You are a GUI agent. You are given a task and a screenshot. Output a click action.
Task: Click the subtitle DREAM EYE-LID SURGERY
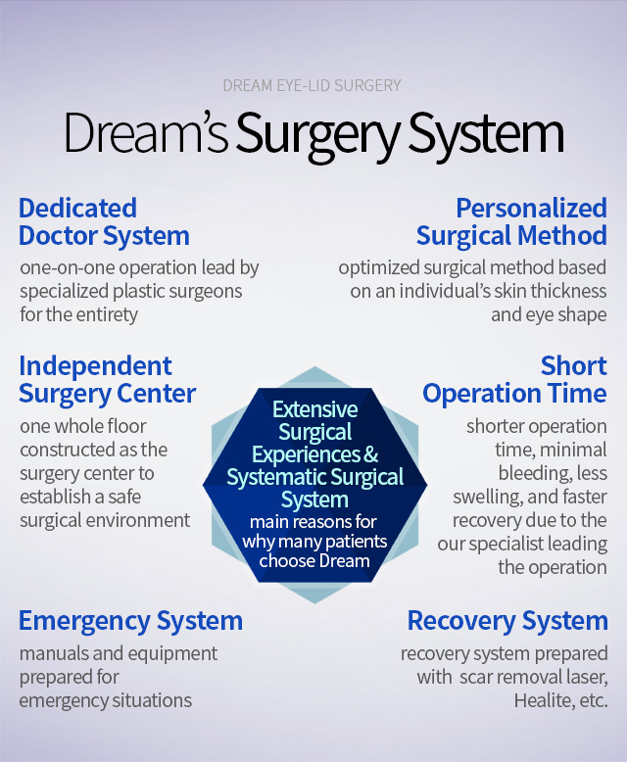coord(313,85)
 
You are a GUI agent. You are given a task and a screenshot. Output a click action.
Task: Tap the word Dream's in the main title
coord(146,132)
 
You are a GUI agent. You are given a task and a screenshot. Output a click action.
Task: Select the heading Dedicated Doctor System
coord(104,222)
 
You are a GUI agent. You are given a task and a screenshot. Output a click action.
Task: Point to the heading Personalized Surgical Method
coord(511,222)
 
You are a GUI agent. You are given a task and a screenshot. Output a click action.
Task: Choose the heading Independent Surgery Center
coord(107,380)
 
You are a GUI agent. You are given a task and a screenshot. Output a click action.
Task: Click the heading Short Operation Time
coord(514,380)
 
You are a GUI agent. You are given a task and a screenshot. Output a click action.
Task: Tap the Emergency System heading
coord(130,622)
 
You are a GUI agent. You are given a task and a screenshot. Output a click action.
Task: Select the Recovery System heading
coord(507,622)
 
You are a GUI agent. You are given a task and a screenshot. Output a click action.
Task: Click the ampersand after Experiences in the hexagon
coord(370,454)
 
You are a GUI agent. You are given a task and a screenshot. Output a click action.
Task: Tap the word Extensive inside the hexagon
coord(314,409)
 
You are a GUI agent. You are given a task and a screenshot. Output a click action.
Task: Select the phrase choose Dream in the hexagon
coord(314,561)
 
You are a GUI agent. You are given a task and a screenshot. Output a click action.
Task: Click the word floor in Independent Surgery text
coord(126,426)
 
